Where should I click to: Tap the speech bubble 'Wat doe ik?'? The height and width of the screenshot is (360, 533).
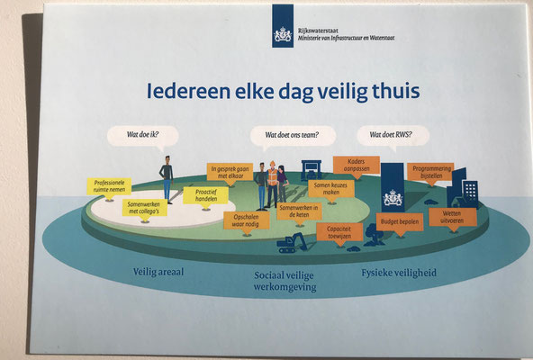143,136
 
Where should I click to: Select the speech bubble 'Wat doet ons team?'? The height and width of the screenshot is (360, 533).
293,136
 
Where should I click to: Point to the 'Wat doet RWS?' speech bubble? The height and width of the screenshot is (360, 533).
393,136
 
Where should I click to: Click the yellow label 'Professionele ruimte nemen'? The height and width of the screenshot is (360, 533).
109,186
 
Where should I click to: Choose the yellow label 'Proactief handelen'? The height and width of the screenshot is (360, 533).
206,195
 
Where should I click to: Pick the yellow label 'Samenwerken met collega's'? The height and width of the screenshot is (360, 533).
145,208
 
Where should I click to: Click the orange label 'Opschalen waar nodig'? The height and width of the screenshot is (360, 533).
247,221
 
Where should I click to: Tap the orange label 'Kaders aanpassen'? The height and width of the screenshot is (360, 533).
357,166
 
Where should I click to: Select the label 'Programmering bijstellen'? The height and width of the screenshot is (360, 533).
430,172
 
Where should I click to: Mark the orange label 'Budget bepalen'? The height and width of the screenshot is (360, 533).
400,222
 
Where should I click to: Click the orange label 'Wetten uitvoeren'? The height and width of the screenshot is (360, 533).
453,217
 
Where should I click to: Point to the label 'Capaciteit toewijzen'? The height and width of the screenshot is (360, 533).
339,232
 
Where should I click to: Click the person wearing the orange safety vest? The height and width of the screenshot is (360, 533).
272,184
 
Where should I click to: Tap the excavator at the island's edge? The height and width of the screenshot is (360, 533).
292,243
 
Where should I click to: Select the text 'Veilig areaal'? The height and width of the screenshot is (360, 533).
158,272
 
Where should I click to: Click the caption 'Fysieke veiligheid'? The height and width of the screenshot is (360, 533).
399,273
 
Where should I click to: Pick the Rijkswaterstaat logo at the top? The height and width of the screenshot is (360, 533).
283,26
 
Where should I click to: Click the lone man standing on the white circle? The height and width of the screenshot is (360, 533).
167,179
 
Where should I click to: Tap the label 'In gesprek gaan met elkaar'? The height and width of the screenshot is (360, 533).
230,172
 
